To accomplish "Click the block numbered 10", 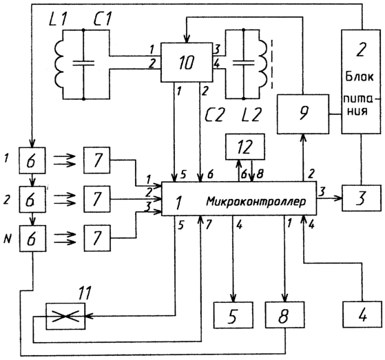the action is coord(187,63).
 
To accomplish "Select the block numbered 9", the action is coord(303,114).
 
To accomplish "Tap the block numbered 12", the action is coord(245,147).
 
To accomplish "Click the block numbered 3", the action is coord(362,198).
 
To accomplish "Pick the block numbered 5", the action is coord(233,315).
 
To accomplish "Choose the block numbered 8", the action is coord(284,315).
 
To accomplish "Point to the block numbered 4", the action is coord(362,315).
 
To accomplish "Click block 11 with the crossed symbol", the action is coord(65,316).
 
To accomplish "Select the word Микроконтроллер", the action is coord(256,202).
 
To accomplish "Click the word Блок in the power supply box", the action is coord(360,76).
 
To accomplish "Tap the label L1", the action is coord(58,19).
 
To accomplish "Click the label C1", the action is coord(103,19).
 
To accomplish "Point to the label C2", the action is coord(214,114).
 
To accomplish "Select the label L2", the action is coord(251,114).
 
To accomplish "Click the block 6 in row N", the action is coord(32,238).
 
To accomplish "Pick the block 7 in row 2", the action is coord(97,199).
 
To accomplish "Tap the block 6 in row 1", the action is coord(32,160).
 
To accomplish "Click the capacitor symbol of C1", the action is coord(83,63).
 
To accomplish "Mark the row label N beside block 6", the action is coord(7,239).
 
